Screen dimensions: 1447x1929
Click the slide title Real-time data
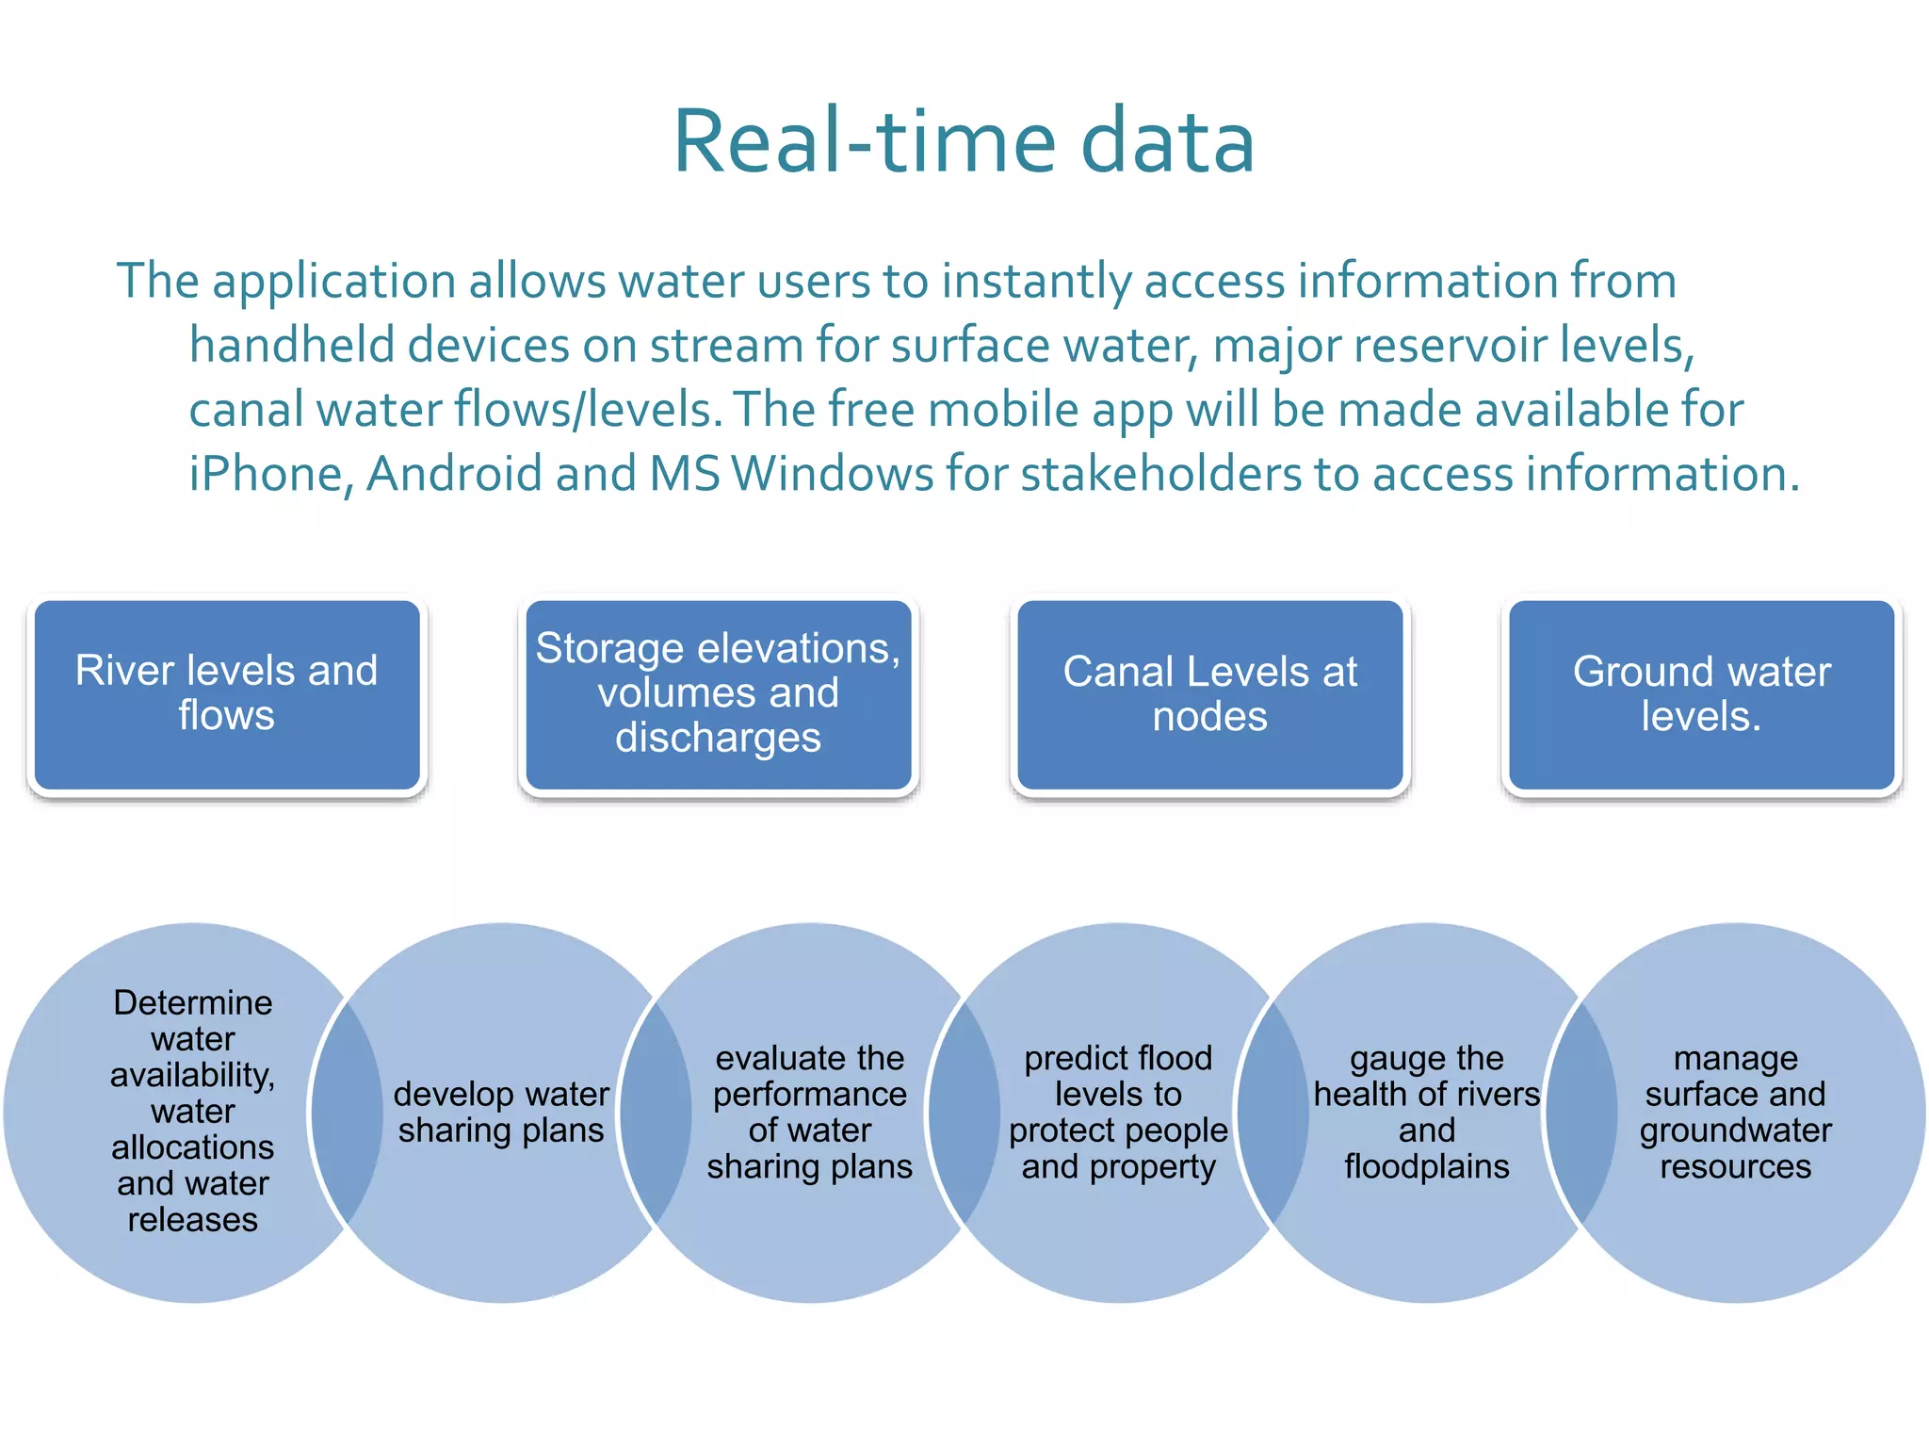[x=964, y=141]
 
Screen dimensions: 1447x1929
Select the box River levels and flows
[x=226, y=694]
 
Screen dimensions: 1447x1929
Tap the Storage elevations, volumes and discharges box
[x=718, y=694]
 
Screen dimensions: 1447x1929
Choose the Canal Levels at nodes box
[x=1209, y=694]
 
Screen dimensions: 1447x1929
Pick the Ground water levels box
[x=1701, y=694]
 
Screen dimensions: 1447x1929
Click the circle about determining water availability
[x=192, y=1112]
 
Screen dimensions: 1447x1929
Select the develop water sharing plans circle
[x=501, y=1113]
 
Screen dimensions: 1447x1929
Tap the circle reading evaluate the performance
[x=810, y=1113]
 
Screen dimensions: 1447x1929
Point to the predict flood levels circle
[x=1118, y=1113]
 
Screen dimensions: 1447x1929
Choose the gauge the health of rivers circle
[x=1427, y=1113]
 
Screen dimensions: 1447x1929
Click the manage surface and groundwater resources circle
[x=1735, y=1113]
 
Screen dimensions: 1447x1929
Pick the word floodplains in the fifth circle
[x=1426, y=1167]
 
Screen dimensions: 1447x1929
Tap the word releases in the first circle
[x=192, y=1220]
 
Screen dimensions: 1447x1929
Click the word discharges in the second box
[x=718, y=738]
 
